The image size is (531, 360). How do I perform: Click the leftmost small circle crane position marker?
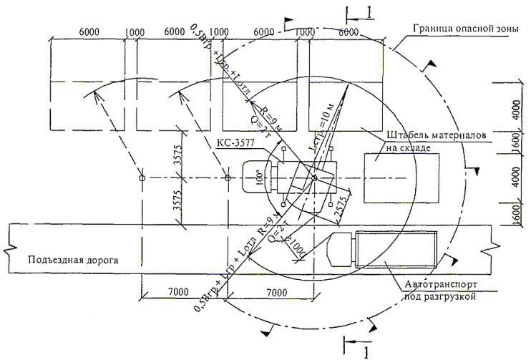click(142, 177)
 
